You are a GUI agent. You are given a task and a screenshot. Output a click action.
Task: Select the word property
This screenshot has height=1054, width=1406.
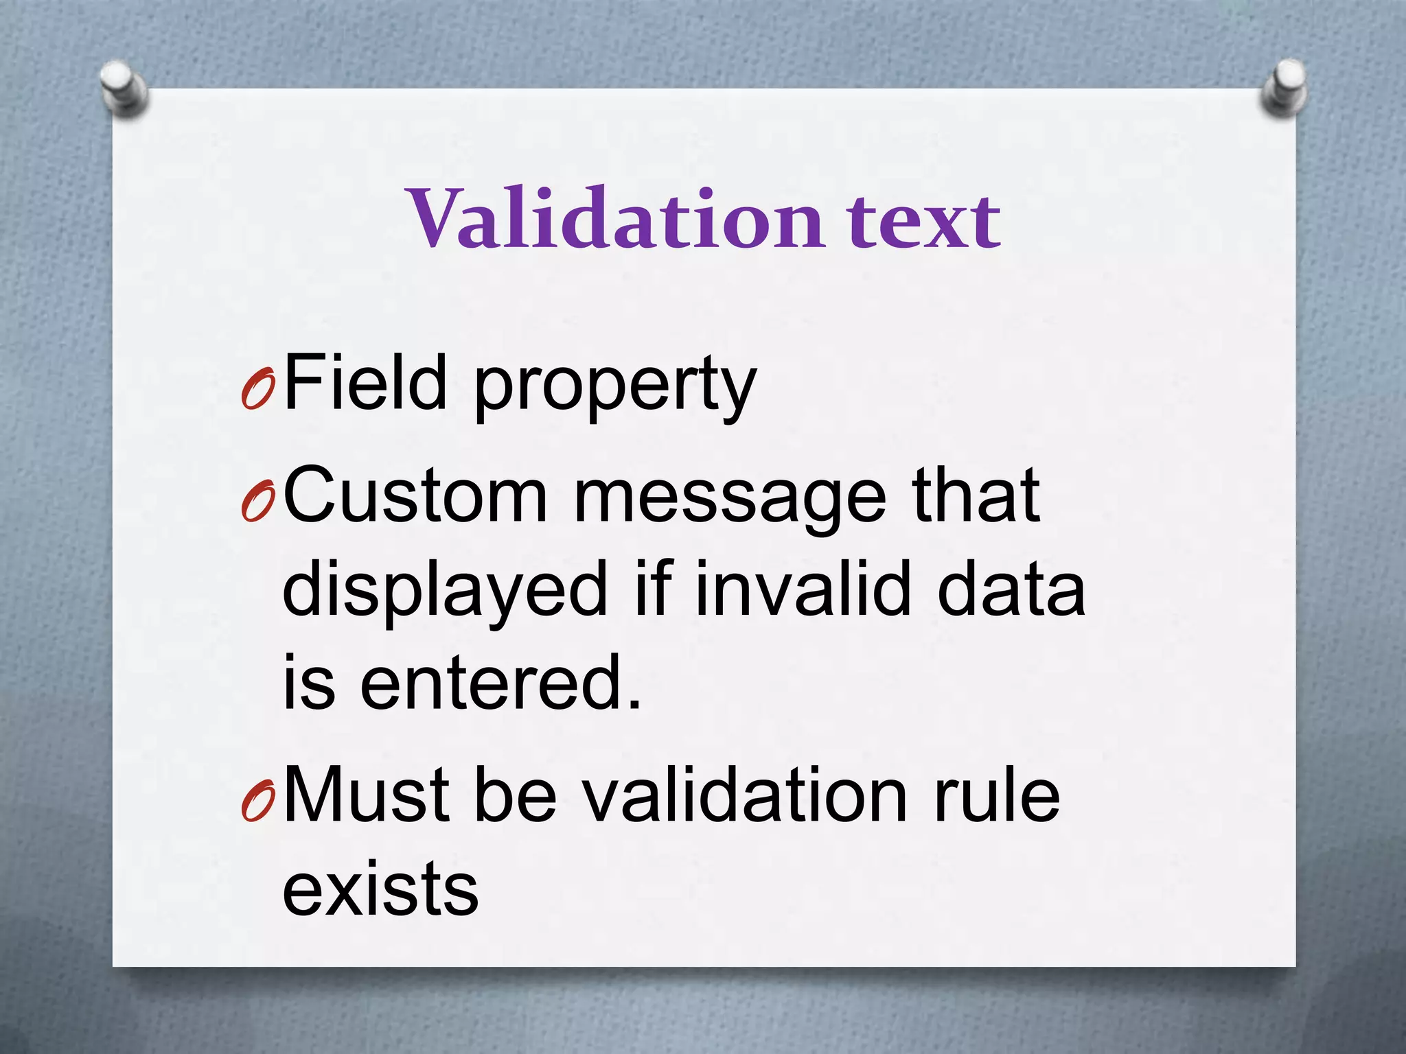(x=615, y=388)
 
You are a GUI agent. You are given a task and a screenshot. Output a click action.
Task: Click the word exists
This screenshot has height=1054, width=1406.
(x=380, y=888)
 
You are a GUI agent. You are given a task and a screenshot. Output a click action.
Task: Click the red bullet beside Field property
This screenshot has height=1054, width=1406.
(x=258, y=390)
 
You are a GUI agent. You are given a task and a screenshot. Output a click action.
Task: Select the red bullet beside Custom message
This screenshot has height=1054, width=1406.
(x=258, y=502)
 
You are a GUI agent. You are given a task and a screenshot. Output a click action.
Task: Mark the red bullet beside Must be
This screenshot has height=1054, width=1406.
(x=258, y=803)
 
